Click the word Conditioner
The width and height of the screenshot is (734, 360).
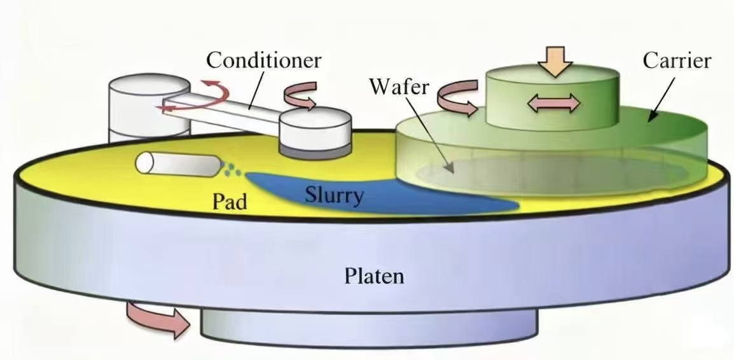pyautogui.click(x=264, y=61)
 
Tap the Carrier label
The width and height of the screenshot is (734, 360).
pyautogui.click(x=677, y=61)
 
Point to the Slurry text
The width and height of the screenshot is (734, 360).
pyautogui.click(x=334, y=195)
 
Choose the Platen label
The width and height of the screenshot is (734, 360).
pyautogui.click(x=374, y=277)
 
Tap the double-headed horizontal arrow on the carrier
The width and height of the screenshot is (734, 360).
pyautogui.click(x=553, y=103)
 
